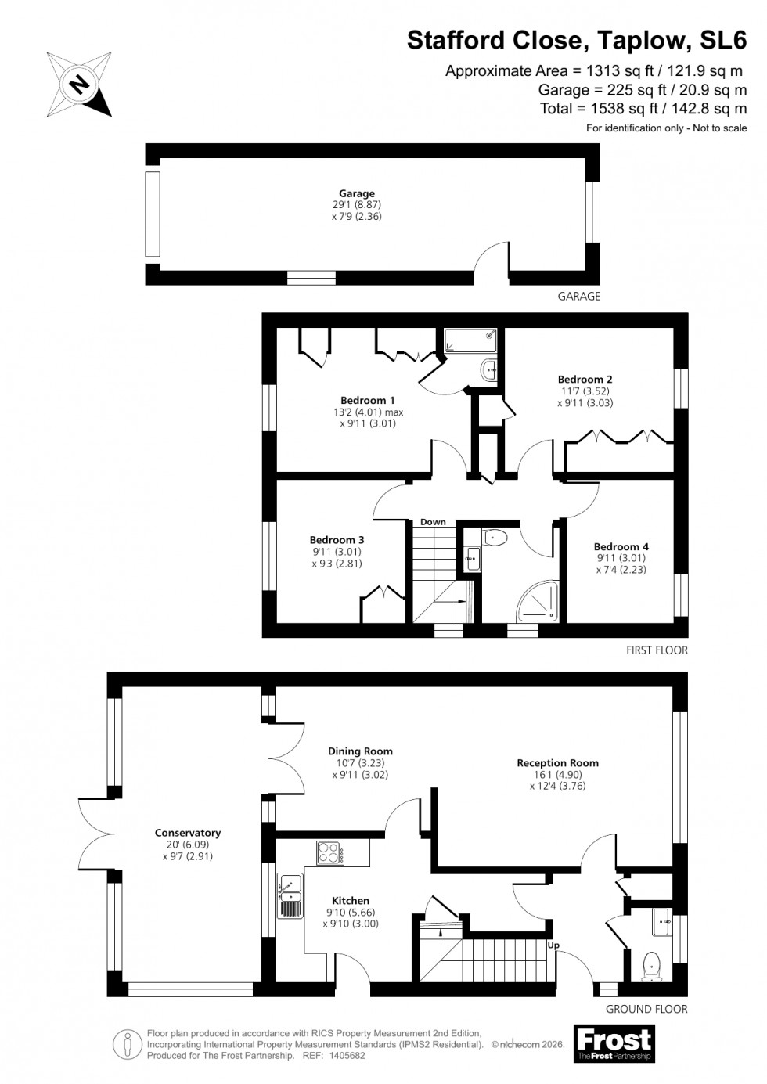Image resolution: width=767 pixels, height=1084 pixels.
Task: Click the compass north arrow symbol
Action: [x=79, y=84]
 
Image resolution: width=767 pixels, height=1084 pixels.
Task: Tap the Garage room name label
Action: [x=356, y=193]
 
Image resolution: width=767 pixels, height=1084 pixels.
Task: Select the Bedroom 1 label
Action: [x=367, y=400]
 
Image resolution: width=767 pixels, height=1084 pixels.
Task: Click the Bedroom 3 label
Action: [x=337, y=539]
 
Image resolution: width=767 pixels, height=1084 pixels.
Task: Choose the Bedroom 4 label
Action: [x=621, y=546]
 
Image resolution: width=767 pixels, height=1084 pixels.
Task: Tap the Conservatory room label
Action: [x=188, y=833]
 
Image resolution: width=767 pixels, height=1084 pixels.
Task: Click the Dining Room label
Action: [x=360, y=751]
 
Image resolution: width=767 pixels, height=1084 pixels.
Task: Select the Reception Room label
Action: [x=557, y=762]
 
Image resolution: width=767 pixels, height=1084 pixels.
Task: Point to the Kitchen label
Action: [x=350, y=901]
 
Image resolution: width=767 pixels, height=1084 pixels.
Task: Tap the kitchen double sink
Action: [x=290, y=896]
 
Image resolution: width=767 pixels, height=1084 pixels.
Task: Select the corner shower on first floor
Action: [x=538, y=601]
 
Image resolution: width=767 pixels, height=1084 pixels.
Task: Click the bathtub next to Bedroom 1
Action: [x=472, y=340]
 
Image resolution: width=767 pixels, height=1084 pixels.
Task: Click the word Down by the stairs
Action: [x=433, y=522]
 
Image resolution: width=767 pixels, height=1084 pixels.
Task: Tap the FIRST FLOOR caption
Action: [x=657, y=650]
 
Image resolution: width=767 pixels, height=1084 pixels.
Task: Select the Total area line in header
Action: [x=643, y=109]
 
